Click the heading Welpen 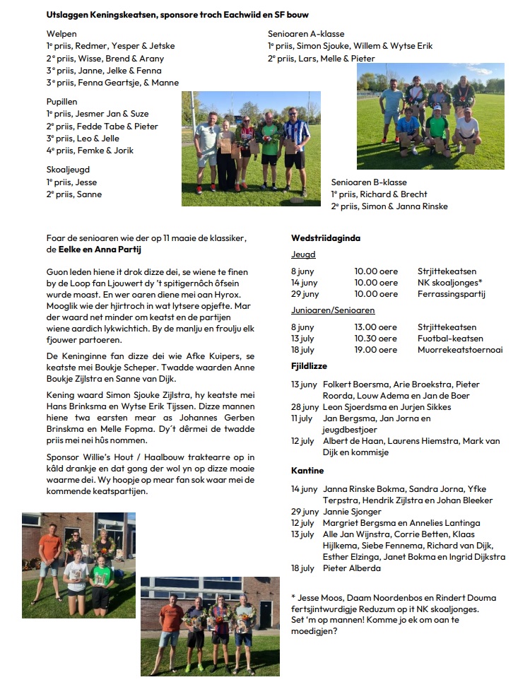click(x=61, y=34)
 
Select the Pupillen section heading click(x=62, y=102)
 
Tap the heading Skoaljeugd click(x=68, y=170)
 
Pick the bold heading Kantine click(x=307, y=471)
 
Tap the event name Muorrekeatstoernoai click(x=460, y=350)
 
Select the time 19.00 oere click(x=376, y=350)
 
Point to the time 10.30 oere click(x=376, y=339)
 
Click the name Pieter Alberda click(x=352, y=568)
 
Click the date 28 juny click(x=305, y=407)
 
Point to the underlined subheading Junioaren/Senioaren click(x=333, y=310)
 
